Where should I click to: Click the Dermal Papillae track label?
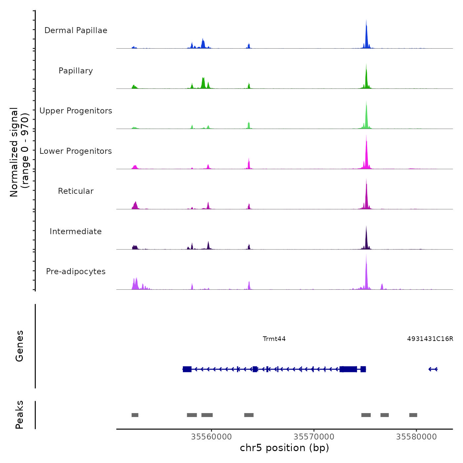click(x=76, y=30)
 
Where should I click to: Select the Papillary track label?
click(x=76, y=71)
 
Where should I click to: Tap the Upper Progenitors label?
click(x=76, y=111)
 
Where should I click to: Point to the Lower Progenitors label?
click(x=76, y=151)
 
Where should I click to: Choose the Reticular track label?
click(x=76, y=191)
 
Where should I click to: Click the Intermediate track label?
click(x=76, y=232)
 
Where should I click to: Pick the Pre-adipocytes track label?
click(x=76, y=272)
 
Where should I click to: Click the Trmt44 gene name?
click(x=274, y=339)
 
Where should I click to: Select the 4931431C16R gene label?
click(x=430, y=339)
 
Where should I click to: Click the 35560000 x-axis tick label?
click(x=211, y=437)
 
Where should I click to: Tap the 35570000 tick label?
click(x=314, y=437)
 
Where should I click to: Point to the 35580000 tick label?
click(x=416, y=437)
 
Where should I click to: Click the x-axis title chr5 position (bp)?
click(x=284, y=448)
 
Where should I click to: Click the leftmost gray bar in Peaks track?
click(x=135, y=415)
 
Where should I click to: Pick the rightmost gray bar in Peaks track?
click(x=413, y=415)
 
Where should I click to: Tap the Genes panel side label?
click(x=20, y=346)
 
